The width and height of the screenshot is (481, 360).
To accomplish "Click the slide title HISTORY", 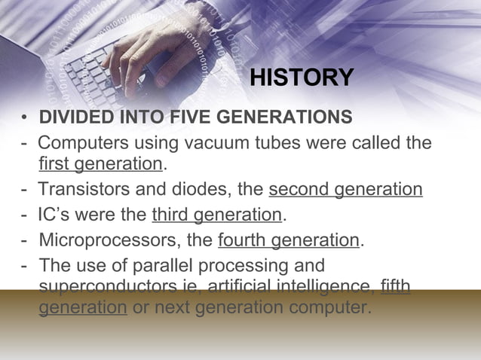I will [301, 78].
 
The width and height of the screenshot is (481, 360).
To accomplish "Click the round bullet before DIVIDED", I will [25, 119].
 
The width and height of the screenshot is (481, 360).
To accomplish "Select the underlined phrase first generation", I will [100, 164].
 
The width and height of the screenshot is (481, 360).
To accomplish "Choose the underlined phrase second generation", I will [345, 189].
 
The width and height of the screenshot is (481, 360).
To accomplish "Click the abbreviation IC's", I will [57, 215].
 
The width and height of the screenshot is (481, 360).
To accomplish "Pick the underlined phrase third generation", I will [216, 215].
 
